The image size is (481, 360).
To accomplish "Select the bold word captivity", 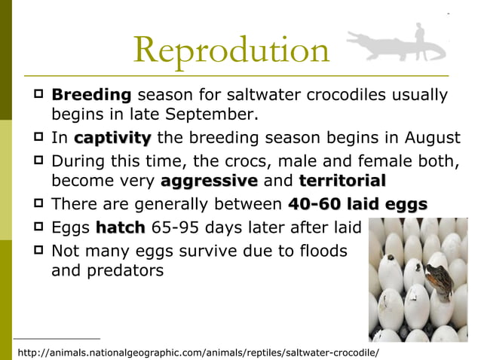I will tap(112, 139).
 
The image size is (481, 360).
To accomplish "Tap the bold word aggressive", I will tap(209, 182).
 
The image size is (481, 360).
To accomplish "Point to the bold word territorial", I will tap(342, 182).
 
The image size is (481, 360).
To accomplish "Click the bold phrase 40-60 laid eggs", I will tap(358, 204).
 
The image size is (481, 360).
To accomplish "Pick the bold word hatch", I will tap(121, 227).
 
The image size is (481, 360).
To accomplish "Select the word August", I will tap(433, 139).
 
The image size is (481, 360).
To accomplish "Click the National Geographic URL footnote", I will tap(198, 352).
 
